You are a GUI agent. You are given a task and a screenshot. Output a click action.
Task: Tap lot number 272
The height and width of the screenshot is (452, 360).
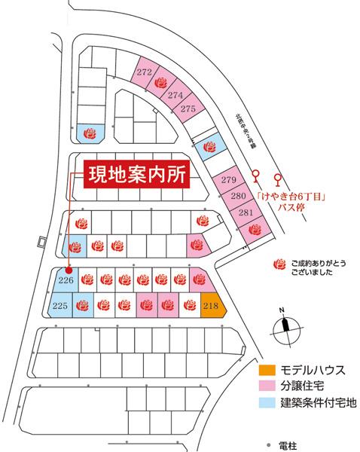(145, 72)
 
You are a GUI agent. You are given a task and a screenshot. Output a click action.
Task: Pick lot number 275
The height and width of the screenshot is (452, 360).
(188, 109)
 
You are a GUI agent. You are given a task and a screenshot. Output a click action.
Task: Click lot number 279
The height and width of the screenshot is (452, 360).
(229, 181)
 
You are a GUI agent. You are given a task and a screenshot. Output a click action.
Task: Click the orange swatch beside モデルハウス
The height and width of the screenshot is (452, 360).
(267, 370)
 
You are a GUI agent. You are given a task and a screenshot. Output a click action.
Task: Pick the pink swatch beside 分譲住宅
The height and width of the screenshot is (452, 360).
(267, 385)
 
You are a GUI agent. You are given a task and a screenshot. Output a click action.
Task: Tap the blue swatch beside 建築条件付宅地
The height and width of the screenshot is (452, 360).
(267, 400)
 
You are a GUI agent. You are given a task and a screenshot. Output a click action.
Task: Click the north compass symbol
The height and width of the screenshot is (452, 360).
(283, 324)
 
